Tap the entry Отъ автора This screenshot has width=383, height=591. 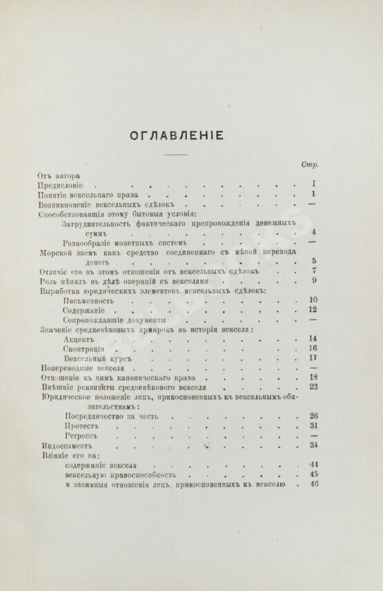coord(58,176)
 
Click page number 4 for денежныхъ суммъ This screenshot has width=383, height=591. coord(313,233)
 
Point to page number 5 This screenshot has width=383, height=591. coord(313,261)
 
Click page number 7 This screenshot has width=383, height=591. coord(313,271)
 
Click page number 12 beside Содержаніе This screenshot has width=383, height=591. coord(312,310)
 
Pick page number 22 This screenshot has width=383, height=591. coord(312,387)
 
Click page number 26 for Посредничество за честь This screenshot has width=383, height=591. coord(312,416)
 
